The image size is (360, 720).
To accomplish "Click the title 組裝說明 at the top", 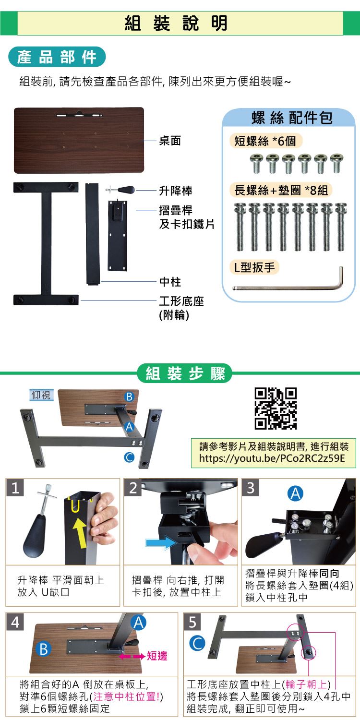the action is (176, 23).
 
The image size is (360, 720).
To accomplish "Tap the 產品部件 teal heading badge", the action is (57, 57).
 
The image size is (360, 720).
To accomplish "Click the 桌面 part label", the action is (170, 141).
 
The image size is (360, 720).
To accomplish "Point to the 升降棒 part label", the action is (176, 191).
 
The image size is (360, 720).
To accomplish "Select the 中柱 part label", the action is (170, 282).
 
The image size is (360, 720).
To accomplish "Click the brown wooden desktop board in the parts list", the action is (79, 141).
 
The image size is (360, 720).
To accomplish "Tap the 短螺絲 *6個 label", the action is (265, 141).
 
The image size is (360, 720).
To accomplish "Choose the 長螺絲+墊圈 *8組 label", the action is (281, 190).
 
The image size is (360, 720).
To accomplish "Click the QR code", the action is (276, 408).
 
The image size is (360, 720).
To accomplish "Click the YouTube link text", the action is (272, 458).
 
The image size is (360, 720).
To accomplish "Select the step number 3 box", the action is (251, 488).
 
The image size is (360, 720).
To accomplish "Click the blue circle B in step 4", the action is (44, 649).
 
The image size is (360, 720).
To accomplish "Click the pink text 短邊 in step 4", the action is (157, 656).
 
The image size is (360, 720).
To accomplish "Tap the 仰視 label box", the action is (41, 395).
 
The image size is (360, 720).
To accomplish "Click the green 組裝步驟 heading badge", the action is (184, 373).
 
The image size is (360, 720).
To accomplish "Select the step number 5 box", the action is (192, 622).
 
